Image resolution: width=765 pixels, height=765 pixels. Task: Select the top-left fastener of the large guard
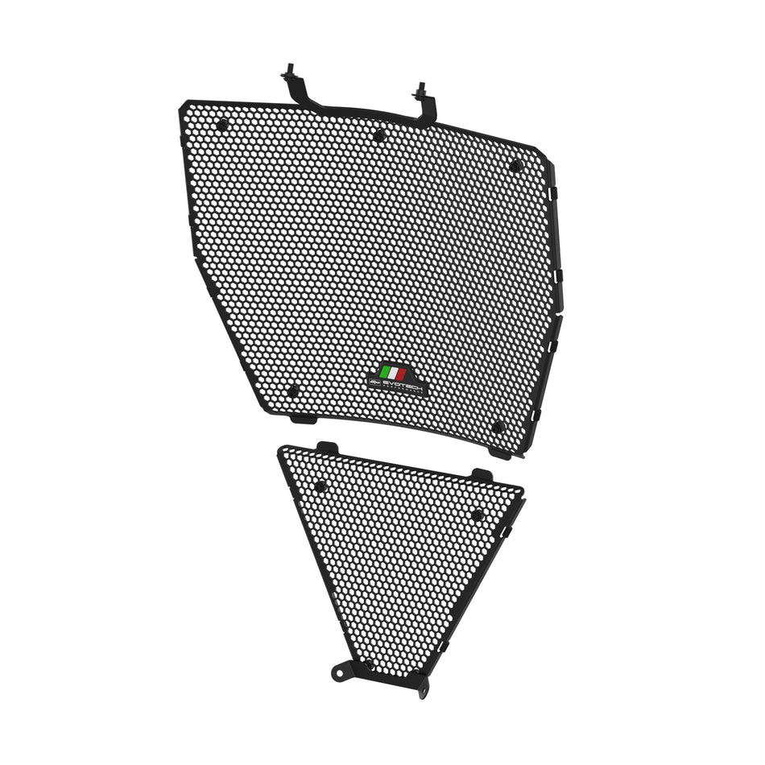[222, 124]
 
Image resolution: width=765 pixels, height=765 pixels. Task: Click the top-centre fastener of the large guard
[378, 136]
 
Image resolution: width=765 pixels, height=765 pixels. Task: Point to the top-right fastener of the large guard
[515, 166]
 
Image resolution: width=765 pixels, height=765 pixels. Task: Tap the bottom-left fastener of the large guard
[292, 391]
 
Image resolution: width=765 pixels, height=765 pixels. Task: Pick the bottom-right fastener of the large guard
[498, 427]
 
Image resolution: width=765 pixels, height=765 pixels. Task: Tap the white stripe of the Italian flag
[393, 374]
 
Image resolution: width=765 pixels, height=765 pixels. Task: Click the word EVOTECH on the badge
[400, 386]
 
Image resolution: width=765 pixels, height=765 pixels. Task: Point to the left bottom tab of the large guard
[304, 418]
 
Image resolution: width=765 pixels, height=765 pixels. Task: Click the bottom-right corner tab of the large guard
[499, 453]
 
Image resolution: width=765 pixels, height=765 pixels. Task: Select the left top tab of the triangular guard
[327, 447]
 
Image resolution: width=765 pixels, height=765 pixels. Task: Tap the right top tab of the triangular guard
[482, 474]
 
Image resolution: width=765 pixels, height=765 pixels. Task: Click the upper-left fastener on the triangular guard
[320, 486]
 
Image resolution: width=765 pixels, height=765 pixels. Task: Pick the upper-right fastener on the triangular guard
[477, 515]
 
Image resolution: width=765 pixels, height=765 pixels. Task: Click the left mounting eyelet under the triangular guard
[344, 669]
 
